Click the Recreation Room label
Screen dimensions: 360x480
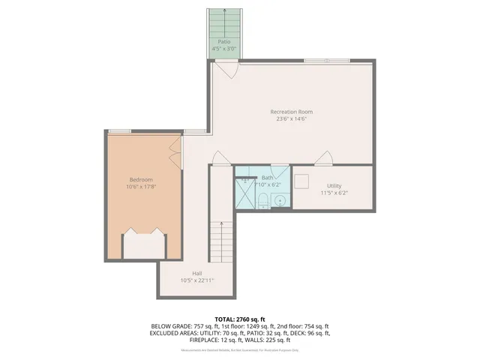(291, 112)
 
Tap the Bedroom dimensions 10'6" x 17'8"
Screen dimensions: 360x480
(141, 187)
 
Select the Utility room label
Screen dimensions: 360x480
(334, 185)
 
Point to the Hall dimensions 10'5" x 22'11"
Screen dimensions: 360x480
(196, 280)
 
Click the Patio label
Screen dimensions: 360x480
(223, 42)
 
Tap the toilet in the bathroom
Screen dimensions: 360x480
(262, 199)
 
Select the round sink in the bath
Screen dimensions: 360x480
(278, 200)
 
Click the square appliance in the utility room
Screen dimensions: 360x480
(303, 182)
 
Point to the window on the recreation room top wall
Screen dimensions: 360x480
(326, 60)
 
